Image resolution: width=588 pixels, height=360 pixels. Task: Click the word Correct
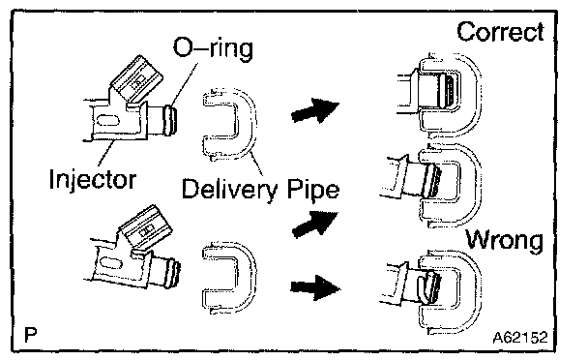[x=500, y=32]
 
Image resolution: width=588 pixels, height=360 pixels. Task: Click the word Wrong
[x=505, y=240]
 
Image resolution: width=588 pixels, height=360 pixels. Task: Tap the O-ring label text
[x=213, y=48]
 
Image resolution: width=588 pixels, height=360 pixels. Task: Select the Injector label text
[x=92, y=179]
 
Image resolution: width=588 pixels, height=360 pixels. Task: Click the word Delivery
[x=229, y=189]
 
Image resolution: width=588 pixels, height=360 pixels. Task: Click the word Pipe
[x=313, y=189]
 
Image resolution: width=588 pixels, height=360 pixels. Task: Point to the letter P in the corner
[x=30, y=335]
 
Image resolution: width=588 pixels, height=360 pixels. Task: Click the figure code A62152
[x=520, y=338]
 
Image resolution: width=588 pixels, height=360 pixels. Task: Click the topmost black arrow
[x=315, y=110]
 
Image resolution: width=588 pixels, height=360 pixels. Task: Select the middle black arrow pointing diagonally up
[x=315, y=224]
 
